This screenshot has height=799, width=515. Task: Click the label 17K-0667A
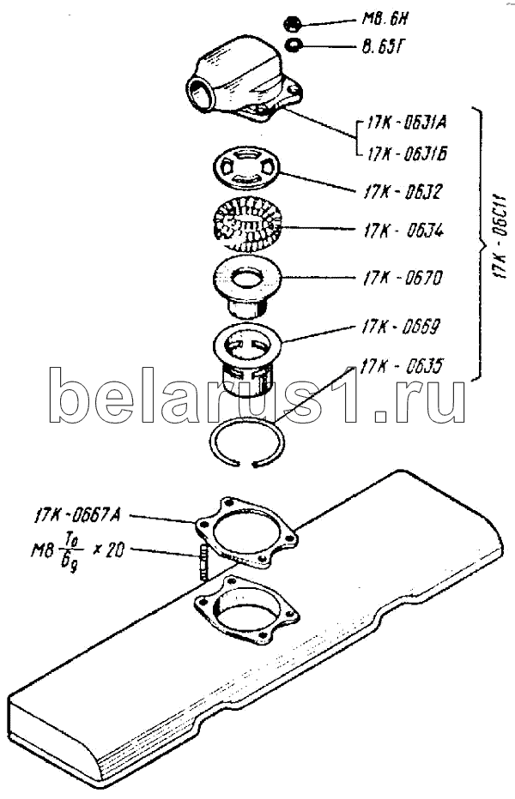point(78,515)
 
